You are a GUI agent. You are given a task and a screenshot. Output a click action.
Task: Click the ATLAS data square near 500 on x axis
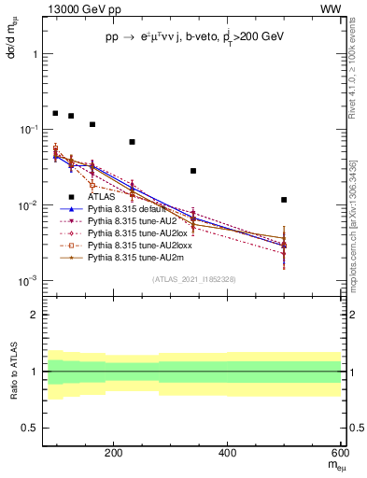(284, 200)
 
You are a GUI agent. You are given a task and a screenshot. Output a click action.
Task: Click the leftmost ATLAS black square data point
(55, 113)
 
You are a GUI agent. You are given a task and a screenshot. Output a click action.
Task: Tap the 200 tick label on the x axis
(113, 453)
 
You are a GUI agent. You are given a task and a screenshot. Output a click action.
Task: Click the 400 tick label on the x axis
(227, 453)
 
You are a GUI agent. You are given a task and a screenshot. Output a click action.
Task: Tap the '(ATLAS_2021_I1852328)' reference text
(194, 279)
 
